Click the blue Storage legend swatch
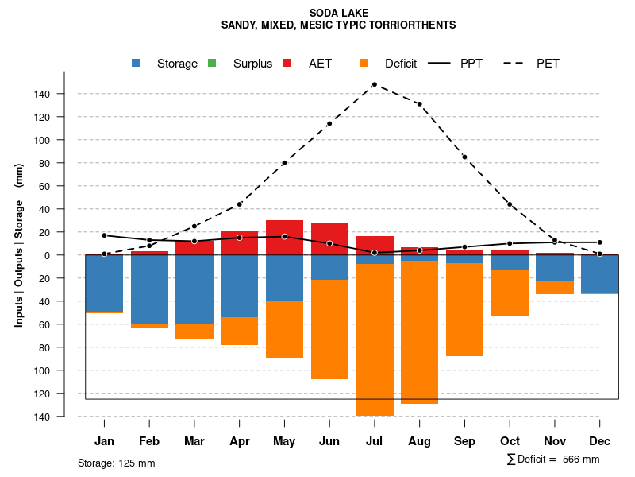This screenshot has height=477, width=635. click(137, 63)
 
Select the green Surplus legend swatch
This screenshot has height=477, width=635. click(212, 63)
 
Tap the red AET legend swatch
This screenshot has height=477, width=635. click(288, 63)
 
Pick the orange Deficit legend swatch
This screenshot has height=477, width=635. click(364, 63)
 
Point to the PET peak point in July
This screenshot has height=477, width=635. click(374, 84)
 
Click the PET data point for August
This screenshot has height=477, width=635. click(419, 104)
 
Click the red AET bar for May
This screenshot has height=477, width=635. click(284, 238)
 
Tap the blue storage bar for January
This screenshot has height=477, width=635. click(104, 284)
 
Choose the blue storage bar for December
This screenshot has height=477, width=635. click(599, 274)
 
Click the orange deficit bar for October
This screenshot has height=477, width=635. click(510, 293)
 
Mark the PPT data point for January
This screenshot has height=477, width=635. click(104, 235)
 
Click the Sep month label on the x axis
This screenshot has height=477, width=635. click(464, 441)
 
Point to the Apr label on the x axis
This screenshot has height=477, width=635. click(240, 441)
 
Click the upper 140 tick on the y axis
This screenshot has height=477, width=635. click(42, 94)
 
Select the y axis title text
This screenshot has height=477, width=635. click(19, 245)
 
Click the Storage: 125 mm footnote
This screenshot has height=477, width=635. click(117, 463)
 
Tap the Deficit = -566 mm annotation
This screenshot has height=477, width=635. click(553, 460)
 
